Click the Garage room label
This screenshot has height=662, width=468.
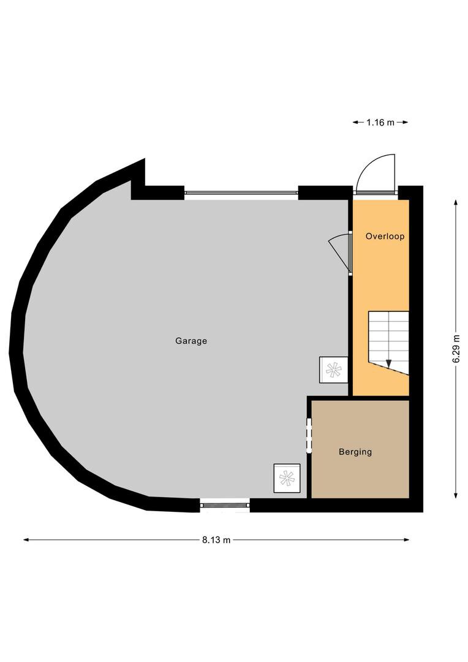[191, 341]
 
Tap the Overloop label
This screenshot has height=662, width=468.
[385, 236]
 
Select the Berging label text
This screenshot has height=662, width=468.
[355, 452]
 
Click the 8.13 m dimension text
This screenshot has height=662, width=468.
[216, 539]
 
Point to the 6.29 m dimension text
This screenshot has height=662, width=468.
[456, 348]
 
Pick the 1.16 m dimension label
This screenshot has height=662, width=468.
[380, 123]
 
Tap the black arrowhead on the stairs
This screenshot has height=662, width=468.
[388, 363]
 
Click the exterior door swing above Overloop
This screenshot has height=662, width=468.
[375, 173]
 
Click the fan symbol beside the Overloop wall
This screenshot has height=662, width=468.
[334, 370]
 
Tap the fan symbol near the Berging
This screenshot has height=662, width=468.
[287, 478]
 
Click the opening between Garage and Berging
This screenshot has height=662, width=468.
[309, 435]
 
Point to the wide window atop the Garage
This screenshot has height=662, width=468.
[241, 192]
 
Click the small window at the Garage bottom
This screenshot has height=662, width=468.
[224, 504]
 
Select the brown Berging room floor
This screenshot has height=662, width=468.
[360, 449]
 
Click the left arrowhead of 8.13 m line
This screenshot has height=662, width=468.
[26, 539]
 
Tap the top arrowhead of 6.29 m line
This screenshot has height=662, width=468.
[456, 202]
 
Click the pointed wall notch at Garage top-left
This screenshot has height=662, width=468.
[145, 159]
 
